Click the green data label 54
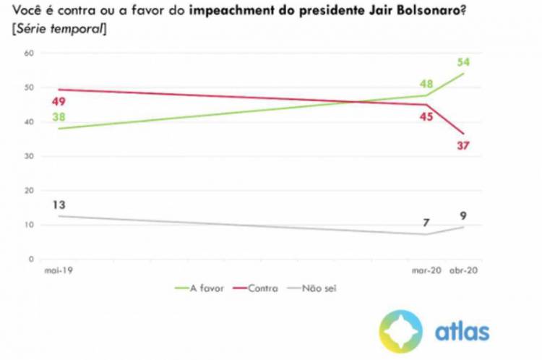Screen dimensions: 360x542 464,62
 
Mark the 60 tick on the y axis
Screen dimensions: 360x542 30,53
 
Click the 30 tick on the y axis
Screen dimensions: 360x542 30,156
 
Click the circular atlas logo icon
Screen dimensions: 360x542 400,332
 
